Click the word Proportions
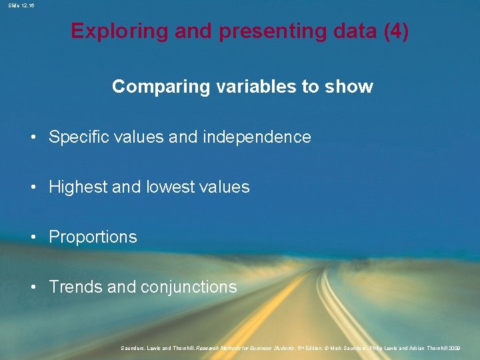click(93, 237)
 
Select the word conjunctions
click(189, 287)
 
